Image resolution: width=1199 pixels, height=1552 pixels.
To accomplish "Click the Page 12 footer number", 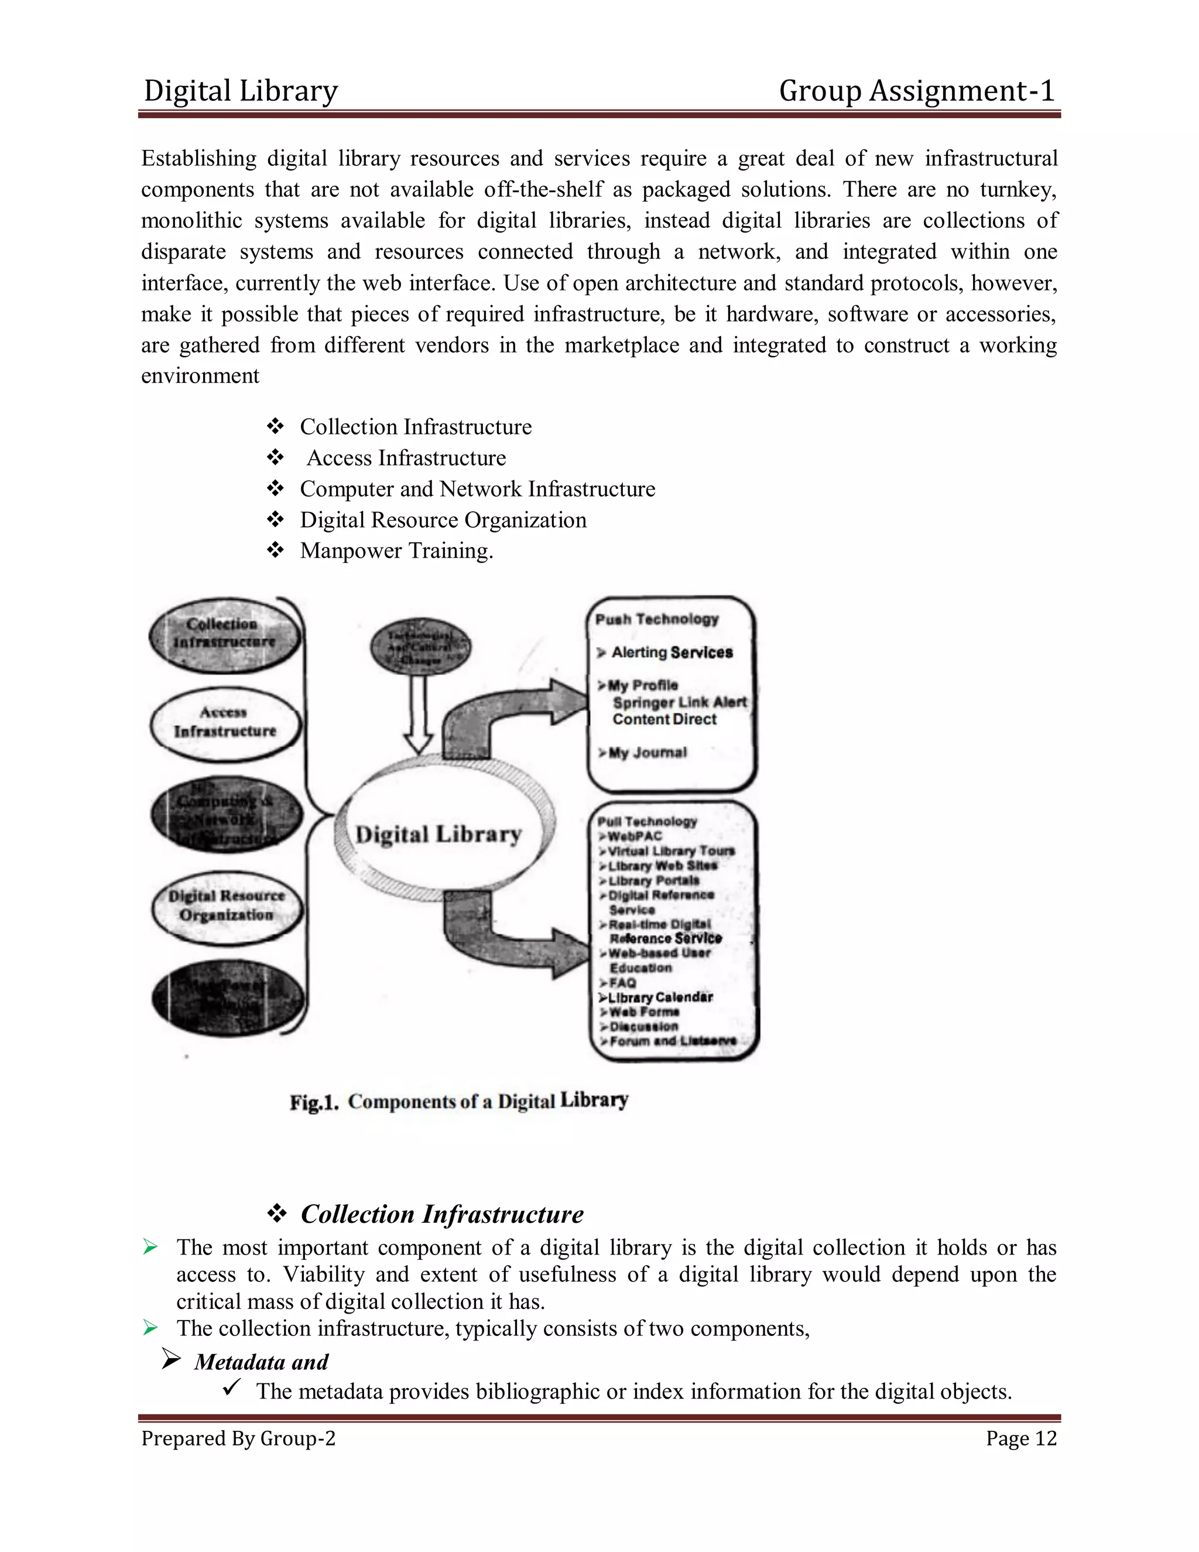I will pyautogui.click(x=1020, y=1439).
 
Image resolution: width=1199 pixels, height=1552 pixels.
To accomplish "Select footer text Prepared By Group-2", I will pyautogui.click(x=238, y=1439).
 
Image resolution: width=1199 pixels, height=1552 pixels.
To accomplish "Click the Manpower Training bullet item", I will pyautogui.click(x=396, y=551).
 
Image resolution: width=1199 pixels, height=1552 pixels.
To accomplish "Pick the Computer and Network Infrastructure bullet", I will pyautogui.click(x=477, y=489).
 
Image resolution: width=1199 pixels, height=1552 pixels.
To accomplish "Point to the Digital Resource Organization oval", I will pyautogui.click(x=227, y=906).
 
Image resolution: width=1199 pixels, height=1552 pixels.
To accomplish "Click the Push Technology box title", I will pyautogui.click(x=657, y=619).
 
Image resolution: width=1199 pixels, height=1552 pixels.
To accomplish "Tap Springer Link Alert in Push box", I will pyautogui.click(x=679, y=702).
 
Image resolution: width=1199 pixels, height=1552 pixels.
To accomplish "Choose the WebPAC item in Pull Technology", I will pyautogui.click(x=634, y=836).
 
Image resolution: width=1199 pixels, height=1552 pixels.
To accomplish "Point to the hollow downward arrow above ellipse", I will pyautogui.click(x=419, y=714).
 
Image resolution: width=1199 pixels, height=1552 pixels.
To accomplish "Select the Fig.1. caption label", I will pyautogui.click(x=313, y=1102).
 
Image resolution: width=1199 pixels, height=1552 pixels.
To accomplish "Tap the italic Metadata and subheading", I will pyautogui.click(x=261, y=1362).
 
